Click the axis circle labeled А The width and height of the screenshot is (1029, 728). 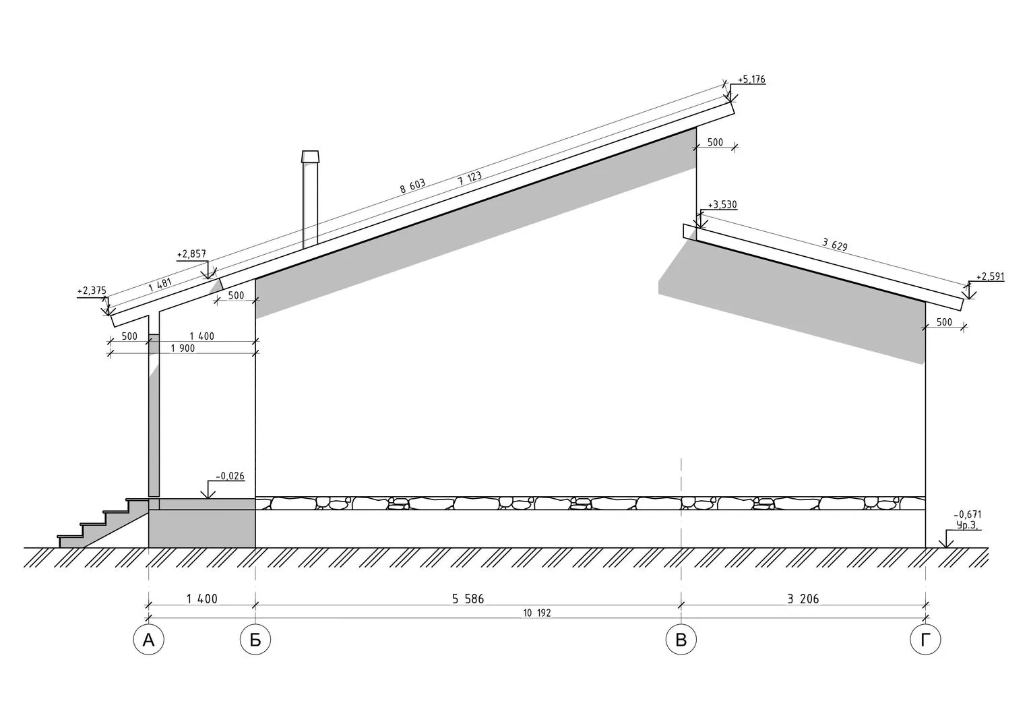pos(148,639)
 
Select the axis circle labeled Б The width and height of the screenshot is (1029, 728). pos(255,639)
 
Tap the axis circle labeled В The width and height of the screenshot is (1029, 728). pos(681,639)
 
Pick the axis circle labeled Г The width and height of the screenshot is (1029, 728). pos(925,639)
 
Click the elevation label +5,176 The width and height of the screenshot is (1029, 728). pos(751,80)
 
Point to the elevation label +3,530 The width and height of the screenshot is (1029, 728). pos(722,204)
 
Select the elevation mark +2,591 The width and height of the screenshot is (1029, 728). pos(991,276)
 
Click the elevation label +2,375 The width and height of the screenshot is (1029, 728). pos(92,291)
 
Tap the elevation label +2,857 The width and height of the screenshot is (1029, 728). pos(191,254)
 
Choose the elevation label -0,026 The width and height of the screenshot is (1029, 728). pos(230,476)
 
